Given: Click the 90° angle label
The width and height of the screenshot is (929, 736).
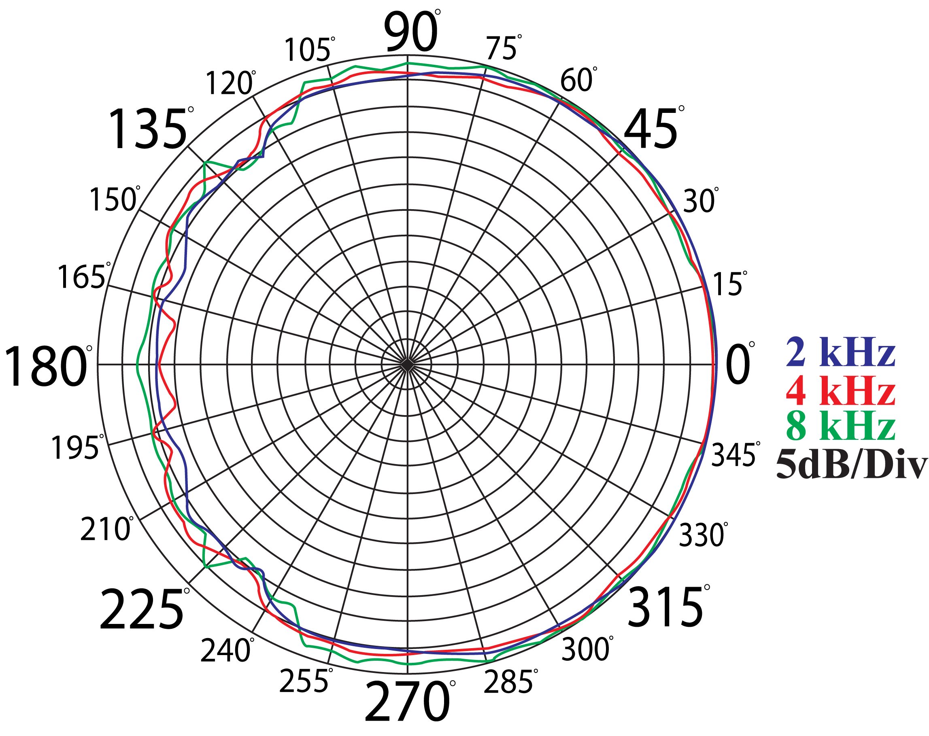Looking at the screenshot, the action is tap(412, 31).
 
